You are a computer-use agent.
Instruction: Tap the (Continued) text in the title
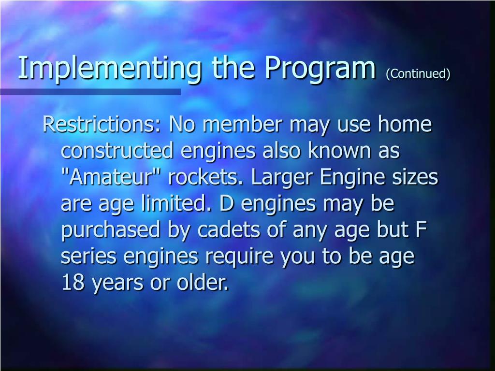pos(418,73)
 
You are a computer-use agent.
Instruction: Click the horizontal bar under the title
pos(90,92)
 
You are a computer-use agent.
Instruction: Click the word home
pos(405,125)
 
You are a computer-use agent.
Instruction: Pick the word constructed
pos(117,151)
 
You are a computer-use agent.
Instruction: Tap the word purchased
pos(110,231)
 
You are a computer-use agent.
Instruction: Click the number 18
pos(73,284)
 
